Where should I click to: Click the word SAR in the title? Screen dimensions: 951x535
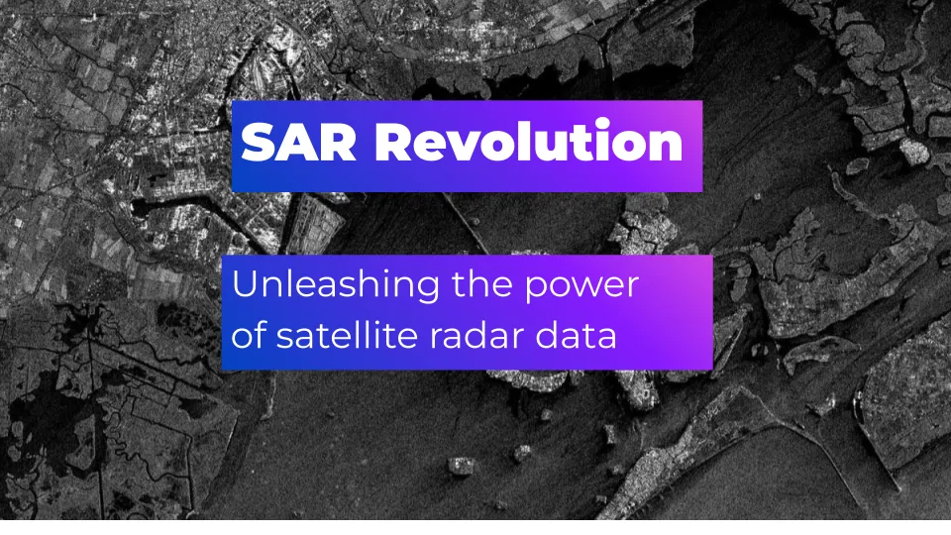click(299, 142)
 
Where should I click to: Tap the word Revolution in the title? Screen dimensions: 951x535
click(529, 141)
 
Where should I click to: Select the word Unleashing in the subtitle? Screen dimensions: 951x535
click(336, 284)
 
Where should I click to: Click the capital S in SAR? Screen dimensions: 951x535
click(259, 142)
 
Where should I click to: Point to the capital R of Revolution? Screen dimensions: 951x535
click(393, 142)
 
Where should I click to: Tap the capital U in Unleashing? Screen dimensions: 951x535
click(245, 284)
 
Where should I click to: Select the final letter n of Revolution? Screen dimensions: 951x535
click(664, 147)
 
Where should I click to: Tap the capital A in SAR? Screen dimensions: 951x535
click(299, 142)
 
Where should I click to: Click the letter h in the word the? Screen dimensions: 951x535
click(477, 283)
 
